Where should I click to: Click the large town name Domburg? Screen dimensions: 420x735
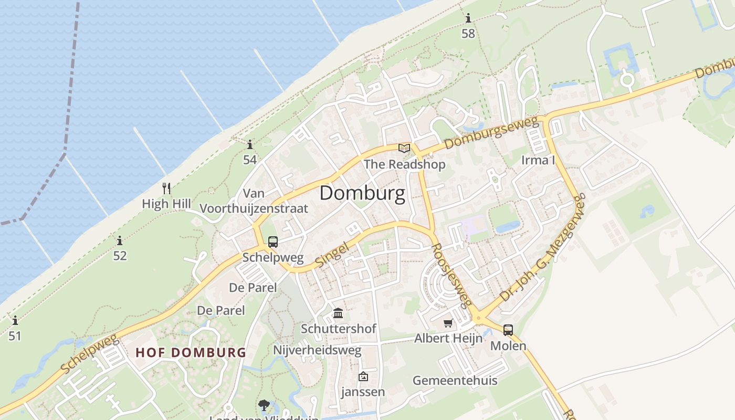pos(362,194)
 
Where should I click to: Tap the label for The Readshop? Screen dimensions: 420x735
pos(404,164)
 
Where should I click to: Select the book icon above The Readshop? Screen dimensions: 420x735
pos(404,148)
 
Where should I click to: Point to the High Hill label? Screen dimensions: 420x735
pos(166,204)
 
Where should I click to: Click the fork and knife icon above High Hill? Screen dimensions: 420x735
pos(166,188)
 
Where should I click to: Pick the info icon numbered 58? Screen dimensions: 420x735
pos(468,19)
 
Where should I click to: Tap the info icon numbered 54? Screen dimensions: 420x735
pos(250,145)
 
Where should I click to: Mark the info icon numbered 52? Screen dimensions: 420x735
pos(120,241)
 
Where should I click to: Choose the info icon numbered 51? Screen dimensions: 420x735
pos(15,320)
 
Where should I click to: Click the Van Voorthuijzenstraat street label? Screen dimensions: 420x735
pos(254,201)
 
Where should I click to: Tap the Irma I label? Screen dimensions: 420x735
pos(538,160)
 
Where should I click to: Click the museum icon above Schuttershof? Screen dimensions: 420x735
pos(338,313)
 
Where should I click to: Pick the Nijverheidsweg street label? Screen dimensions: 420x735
pos(317,350)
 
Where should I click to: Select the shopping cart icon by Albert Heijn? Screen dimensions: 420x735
pos(448,323)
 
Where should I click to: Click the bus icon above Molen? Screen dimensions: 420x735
pos(508,330)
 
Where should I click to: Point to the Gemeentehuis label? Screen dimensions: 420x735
pos(455,381)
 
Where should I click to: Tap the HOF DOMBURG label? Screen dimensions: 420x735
pos(191,352)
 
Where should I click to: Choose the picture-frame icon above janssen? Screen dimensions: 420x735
pos(363,376)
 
